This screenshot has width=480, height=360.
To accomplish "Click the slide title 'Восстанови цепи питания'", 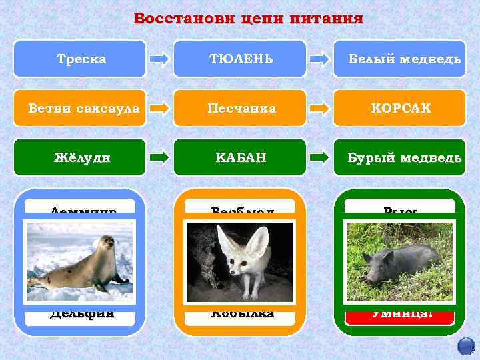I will pyautogui.click(x=248, y=18).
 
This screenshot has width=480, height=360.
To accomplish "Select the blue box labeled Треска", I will pyautogui.click(x=80, y=59).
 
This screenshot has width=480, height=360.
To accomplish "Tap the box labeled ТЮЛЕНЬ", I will pyautogui.click(x=240, y=59).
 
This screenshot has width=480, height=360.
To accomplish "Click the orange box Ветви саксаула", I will pyautogui.click(x=80, y=108).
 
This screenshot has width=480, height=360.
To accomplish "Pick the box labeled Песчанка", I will pyautogui.click(x=240, y=108).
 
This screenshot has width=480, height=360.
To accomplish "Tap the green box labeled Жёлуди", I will pyautogui.click(x=80, y=157).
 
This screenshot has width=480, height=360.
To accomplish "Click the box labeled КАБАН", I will pyautogui.click(x=240, y=157).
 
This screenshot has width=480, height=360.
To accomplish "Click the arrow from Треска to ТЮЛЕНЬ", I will pyautogui.click(x=160, y=59).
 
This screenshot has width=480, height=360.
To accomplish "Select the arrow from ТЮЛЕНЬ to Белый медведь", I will pyautogui.click(x=320, y=59).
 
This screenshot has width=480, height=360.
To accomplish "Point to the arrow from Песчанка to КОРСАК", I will pyautogui.click(x=320, y=108).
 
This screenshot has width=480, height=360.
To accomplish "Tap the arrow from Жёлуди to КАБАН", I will pyautogui.click(x=160, y=157).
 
